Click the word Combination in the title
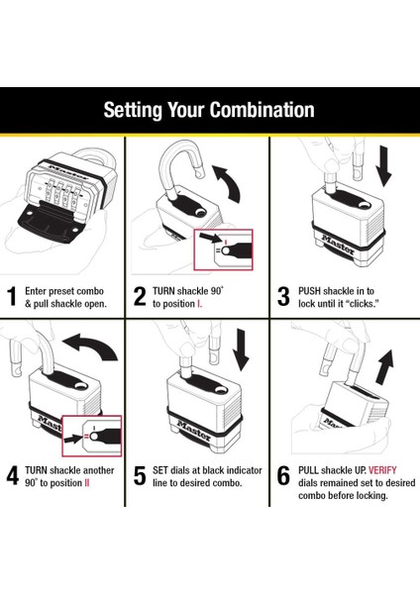(262, 110)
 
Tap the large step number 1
(12, 296)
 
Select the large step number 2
(140, 296)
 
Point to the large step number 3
(283, 296)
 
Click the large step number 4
(13, 476)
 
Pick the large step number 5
(140, 476)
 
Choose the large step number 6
(283, 476)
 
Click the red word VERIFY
(382, 470)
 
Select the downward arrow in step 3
(384, 166)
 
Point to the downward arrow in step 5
(241, 349)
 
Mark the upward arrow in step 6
(384, 366)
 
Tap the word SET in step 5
(160, 470)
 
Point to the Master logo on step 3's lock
(338, 246)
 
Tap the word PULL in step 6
(308, 470)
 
